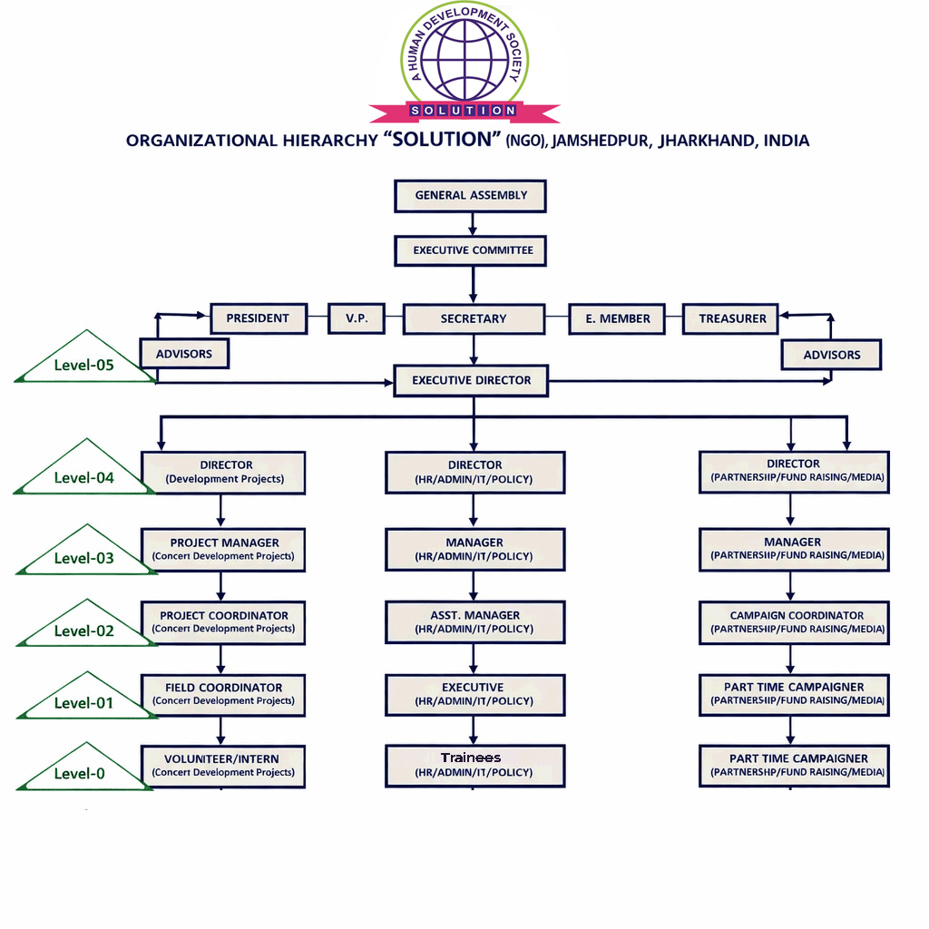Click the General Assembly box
tap(471, 195)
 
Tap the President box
tap(258, 318)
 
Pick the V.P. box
tap(356, 318)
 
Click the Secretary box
tap(473, 318)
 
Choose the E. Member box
tap(617, 318)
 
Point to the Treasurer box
tap(732, 318)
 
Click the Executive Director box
tap(471, 381)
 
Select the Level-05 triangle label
tap(83, 364)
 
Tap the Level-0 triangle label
tap(80, 773)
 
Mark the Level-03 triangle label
tap(83, 557)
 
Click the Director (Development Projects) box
tap(224, 472)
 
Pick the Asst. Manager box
tap(474, 621)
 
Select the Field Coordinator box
tap(223, 694)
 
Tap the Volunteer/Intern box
tap(223, 766)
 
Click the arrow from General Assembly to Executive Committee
tap(472, 223)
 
